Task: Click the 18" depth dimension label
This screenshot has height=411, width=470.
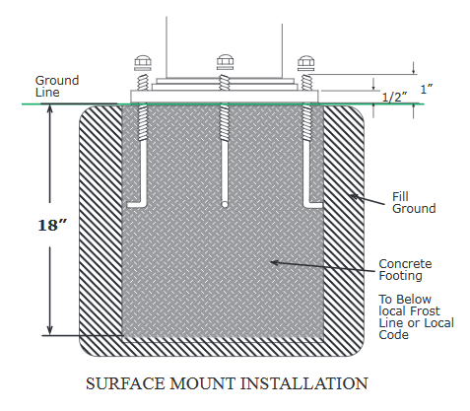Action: tap(52, 226)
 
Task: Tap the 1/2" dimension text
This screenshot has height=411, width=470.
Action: tap(395, 98)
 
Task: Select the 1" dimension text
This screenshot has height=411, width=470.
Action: tap(427, 89)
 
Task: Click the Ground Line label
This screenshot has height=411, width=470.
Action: tap(57, 87)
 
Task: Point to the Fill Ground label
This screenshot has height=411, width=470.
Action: tap(414, 203)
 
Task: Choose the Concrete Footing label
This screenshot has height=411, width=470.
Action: tap(405, 270)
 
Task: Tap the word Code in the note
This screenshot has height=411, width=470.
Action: tap(393, 335)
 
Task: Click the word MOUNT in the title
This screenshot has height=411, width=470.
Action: tap(203, 383)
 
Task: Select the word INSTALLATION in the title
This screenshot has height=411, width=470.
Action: tap(304, 383)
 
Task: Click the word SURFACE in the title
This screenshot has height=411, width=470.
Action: tap(125, 383)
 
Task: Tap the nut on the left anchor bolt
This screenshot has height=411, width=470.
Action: tap(143, 61)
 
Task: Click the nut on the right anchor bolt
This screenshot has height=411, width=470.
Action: tap(305, 61)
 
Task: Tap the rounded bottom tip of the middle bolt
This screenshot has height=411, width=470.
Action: tap(225, 205)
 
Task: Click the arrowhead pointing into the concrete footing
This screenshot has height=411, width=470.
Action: tap(274, 262)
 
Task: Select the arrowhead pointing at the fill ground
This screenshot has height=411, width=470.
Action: tap(354, 197)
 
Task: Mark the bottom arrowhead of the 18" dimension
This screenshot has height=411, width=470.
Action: tap(50, 330)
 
